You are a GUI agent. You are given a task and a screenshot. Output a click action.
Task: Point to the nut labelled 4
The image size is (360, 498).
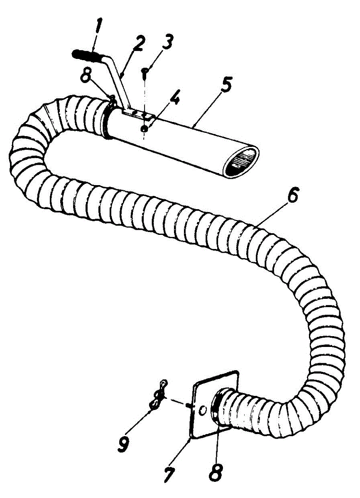click(143, 129)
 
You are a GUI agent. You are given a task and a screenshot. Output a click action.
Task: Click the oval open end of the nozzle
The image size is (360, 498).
click(242, 161)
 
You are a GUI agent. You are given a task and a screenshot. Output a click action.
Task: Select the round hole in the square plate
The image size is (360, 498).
click(202, 410)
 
